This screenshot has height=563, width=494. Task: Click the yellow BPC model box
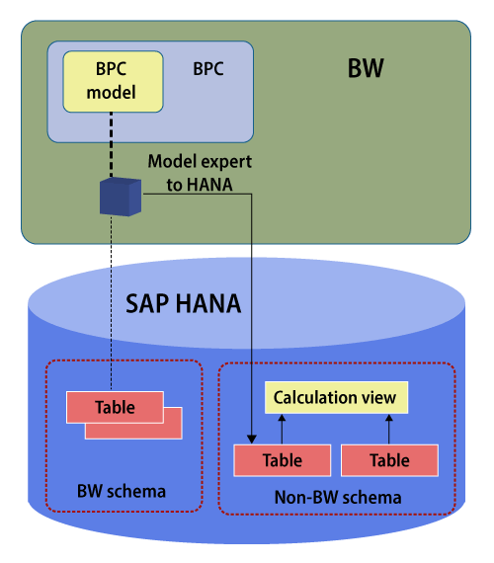pyautogui.click(x=113, y=82)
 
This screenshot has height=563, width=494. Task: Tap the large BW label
pyautogui.click(x=366, y=68)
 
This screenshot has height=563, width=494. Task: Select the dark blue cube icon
pyautogui.click(x=121, y=197)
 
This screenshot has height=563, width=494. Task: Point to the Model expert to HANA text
pyautogui.click(x=200, y=173)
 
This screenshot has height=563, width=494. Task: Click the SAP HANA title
pyautogui.click(x=183, y=304)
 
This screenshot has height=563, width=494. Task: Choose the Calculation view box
pyautogui.click(x=336, y=397)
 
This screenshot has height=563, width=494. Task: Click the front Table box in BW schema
pyautogui.click(x=115, y=407)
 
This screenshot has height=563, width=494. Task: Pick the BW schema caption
pyautogui.click(x=122, y=491)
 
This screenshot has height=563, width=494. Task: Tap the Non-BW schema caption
pyautogui.click(x=338, y=497)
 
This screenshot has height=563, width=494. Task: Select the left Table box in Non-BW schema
pyautogui.click(x=282, y=460)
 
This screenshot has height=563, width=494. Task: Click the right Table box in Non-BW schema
pyautogui.click(x=389, y=460)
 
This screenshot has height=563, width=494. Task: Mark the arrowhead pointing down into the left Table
pyautogui.click(x=252, y=440)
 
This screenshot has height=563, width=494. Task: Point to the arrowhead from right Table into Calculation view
pyautogui.click(x=388, y=418)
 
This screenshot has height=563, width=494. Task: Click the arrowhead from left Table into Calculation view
pyautogui.click(x=282, y=418)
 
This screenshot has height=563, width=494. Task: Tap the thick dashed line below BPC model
pyautogui.click(x=111, y=144)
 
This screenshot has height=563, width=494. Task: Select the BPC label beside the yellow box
pyautogui.click(x=208, y=68)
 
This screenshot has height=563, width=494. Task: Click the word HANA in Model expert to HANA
pyautogui.click(x=209, y=185)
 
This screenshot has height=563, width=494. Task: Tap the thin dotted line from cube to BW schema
pyautogui.click(x=111, y=303)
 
